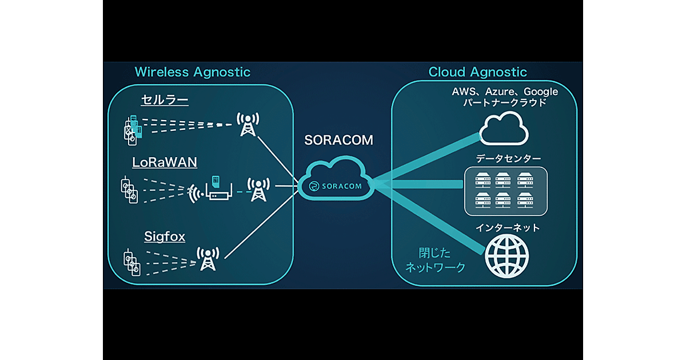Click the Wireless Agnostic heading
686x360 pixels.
[192, 72]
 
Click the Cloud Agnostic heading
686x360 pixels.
[477, 72]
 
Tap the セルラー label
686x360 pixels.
[165, 101]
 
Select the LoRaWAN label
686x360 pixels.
[165, 162]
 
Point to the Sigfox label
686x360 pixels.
[164, 236]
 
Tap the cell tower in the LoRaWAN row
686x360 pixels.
[259, 190]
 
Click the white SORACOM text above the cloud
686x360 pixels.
[338, 141]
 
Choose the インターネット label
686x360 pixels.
[508, 227]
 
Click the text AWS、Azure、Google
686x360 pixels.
[505, 91]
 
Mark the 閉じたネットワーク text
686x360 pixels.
[435, 259]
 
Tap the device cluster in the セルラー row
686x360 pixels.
[132, 129]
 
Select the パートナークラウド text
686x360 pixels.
[505, 103]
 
